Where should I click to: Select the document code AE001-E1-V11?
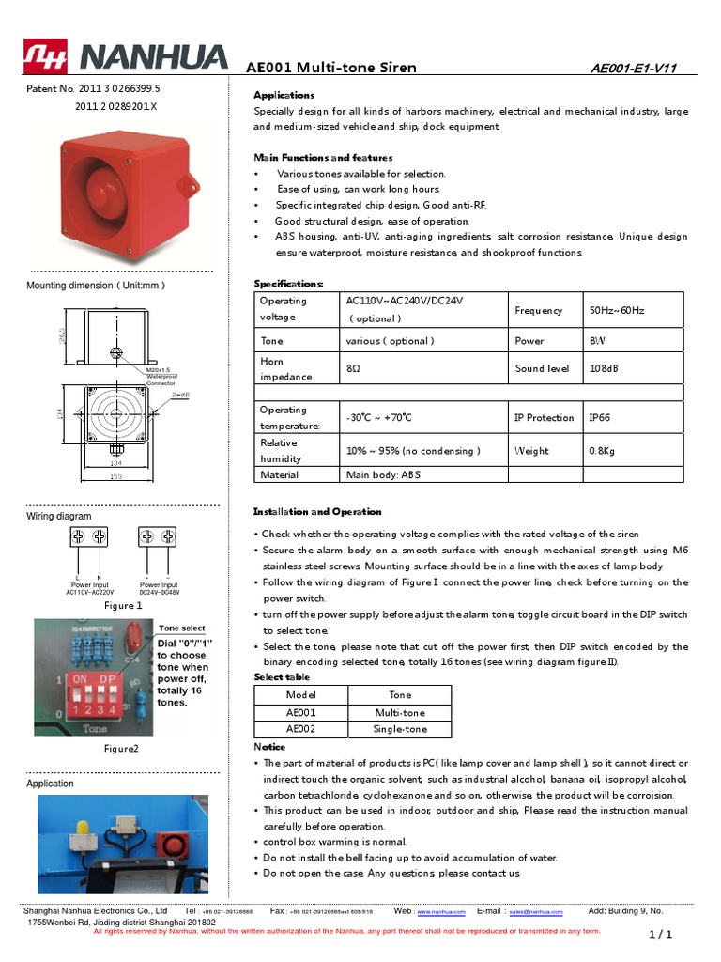pyautogui.click(x=634, y=69)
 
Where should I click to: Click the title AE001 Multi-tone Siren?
pyautogui.click(x=330, y=68)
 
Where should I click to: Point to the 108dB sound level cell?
pyautogui.click(x=604, y=368)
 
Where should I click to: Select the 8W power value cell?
pyautogui.click(x=597, y=341)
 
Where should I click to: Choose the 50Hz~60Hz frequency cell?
pyautogui.click(x=617, y=310)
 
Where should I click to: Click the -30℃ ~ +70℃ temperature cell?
pyautogui.click(x=379, y=418)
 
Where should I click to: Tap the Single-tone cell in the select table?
pyautogui.click(x=400, y=728)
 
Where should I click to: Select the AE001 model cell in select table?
pyautogui.click(x=300, y=712)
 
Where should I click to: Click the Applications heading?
pyautogui.click(x=284, y=96)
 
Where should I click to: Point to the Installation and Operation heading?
pyautogui.click(x=317, y=512)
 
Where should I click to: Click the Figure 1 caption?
pyautogui.click(x=122, y=606)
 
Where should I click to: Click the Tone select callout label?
pyautogui.click(x=182, y=628)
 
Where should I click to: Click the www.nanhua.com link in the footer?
pyautogui.click(x=441, y=911)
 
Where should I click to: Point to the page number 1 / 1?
pyautogui.click(x=661, y=935)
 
